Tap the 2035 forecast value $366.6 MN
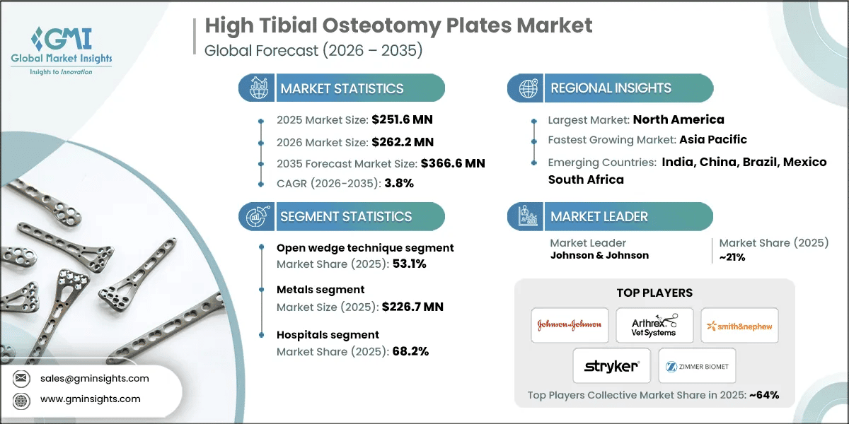452,163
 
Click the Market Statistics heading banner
342,88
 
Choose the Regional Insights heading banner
611,88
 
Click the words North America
678,119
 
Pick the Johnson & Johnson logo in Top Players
570,324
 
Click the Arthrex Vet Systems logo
654,325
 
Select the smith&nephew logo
739,325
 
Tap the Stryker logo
612,366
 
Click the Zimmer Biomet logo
697,366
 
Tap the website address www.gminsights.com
90,399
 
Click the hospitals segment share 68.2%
410,351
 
